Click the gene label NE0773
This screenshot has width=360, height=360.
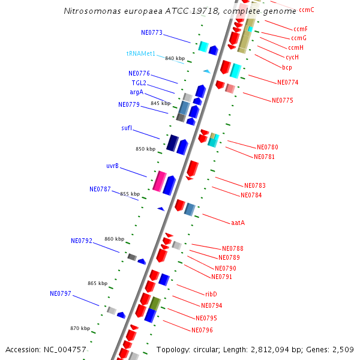152,32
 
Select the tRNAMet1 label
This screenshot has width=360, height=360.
141,53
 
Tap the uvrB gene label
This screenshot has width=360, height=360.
112,166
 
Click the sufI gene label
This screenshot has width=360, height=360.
127,128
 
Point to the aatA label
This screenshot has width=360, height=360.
238,223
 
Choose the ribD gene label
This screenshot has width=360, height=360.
211,294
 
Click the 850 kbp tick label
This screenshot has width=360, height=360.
145,149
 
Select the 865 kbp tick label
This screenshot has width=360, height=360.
97,283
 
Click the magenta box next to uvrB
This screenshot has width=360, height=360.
159,181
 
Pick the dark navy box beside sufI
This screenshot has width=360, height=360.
172,142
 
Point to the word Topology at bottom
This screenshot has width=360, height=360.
175,349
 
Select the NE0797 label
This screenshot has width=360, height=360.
61,293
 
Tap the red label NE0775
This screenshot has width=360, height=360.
282,100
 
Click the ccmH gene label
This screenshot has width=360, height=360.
296,47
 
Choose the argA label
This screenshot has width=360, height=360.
136,92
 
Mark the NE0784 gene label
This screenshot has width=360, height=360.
251,195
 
